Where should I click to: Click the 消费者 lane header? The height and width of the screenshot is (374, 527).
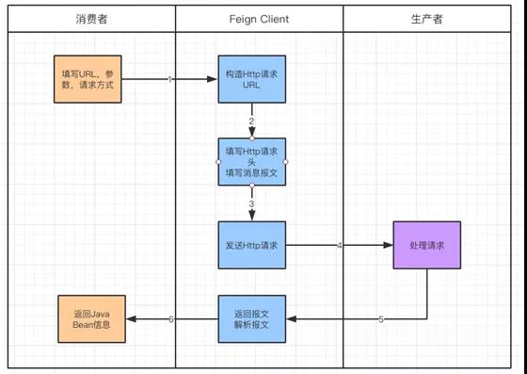point(91,20)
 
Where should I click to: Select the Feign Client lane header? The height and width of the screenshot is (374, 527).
point(259,20)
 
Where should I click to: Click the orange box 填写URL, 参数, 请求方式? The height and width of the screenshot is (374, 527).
point(88,79)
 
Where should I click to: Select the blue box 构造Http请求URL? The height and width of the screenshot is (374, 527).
point(251,79)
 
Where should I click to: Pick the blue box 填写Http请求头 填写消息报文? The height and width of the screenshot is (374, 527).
point(251,162)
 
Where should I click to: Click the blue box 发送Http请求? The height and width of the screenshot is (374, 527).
point(251,246)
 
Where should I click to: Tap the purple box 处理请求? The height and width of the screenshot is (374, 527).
point(426,246)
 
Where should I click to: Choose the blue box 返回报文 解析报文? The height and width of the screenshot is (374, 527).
point(251,319)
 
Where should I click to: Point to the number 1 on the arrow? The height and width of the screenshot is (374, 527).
point(170,80)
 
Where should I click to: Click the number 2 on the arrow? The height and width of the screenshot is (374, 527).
point(251,122)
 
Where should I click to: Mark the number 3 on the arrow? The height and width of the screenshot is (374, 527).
point(251,204)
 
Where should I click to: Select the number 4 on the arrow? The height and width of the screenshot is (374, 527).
point(340,246)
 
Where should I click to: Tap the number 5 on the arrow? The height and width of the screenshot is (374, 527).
point(380,320)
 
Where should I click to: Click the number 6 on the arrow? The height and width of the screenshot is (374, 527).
point(170,320)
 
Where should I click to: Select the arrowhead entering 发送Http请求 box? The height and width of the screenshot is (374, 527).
point(251,218)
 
